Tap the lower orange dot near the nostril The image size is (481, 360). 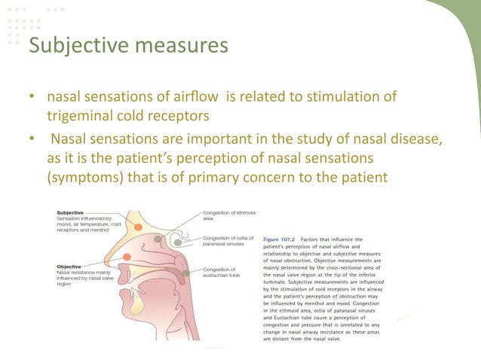click(x=126, y=258)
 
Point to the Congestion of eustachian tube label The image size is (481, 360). click(x=223, y=272)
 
